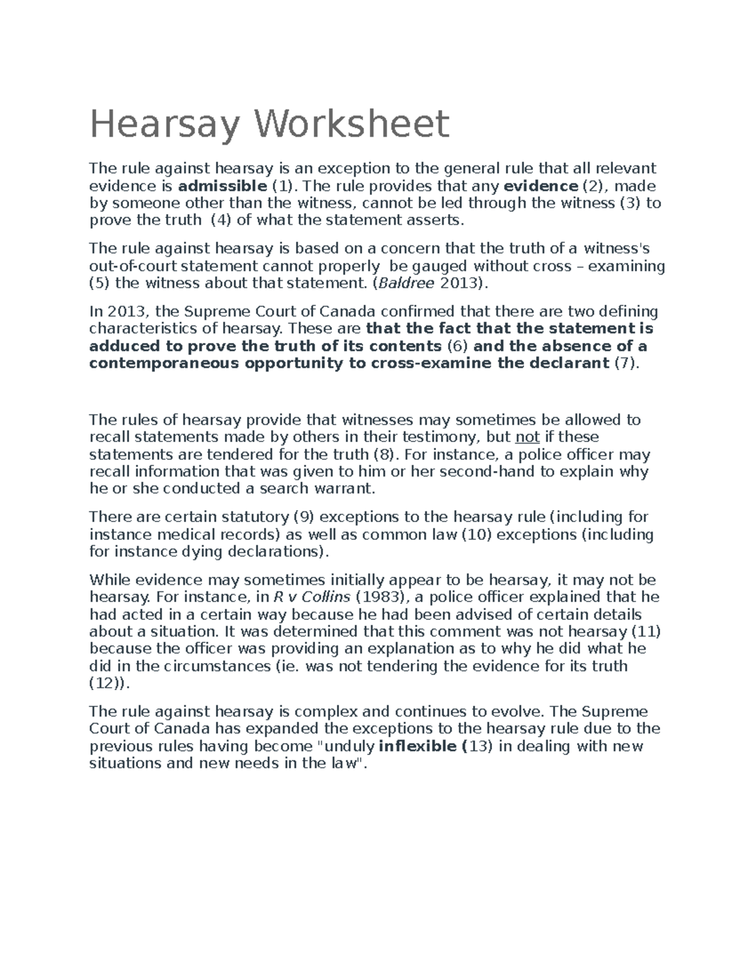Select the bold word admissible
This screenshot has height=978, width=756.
(x=222, y=186)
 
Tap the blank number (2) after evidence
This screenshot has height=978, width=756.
(x=592, y=186)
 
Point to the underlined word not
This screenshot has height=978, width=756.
(x=527, y=437)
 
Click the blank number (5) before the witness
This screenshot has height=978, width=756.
(x=100, y=283)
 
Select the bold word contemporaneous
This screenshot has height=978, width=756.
(x=164, y=363)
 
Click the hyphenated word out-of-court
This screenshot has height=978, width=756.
(x=131, y=266)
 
